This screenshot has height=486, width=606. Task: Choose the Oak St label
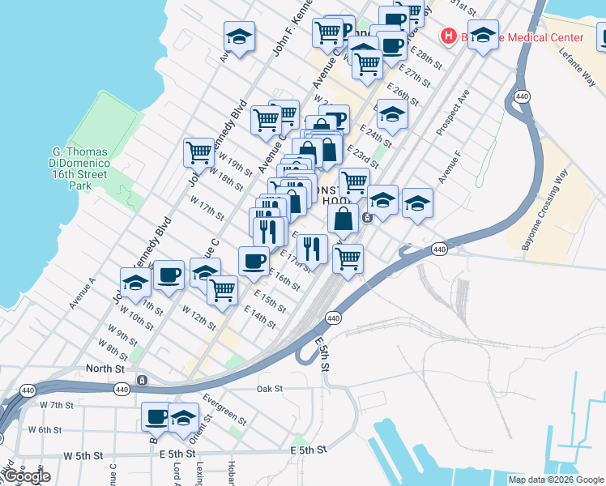269,389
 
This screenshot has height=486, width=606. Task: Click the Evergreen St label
225,409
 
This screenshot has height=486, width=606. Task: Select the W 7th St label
50,405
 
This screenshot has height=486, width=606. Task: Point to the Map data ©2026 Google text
555,480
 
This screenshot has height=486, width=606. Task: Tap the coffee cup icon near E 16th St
254,260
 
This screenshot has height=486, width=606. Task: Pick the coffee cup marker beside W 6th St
156,416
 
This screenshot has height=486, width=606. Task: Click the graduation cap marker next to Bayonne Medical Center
483,34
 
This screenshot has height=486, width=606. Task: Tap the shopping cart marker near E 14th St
222,289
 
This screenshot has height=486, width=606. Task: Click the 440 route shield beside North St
122,390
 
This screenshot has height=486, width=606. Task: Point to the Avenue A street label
82,293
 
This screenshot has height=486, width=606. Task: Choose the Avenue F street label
449,167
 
